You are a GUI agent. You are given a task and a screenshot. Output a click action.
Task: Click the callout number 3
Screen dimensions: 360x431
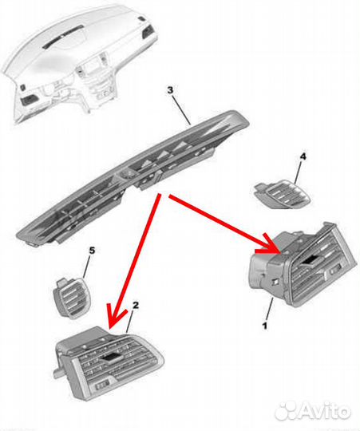click(170, 90)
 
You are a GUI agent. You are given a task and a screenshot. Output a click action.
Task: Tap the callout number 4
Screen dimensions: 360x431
click(303, 156)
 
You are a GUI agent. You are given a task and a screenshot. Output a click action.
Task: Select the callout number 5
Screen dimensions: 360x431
click(92, 251)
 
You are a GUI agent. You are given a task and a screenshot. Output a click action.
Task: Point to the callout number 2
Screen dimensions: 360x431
click(135, 306)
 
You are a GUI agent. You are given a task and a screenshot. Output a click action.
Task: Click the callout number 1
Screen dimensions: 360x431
click(265, 326)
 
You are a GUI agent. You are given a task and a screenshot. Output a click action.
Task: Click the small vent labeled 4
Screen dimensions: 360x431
click(283, 194)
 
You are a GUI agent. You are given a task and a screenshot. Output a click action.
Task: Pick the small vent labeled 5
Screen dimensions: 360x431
click(73, 298)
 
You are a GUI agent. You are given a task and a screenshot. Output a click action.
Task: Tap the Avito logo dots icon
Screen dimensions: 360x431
click(286, 412)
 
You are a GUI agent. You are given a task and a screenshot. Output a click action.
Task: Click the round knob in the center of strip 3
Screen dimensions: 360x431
click(127, 175)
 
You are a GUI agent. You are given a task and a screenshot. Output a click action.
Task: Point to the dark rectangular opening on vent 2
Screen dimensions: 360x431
click(112, 357)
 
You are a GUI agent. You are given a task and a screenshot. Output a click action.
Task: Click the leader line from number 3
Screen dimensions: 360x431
click(181, 109)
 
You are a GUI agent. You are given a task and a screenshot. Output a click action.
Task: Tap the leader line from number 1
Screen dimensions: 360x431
click(270, 309)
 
